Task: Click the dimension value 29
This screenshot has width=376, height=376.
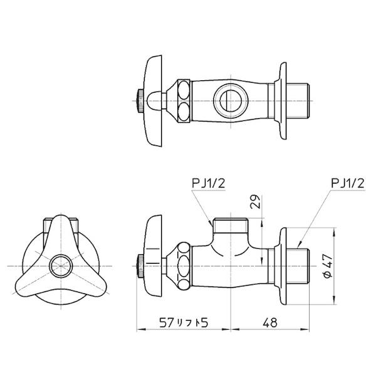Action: pos(256,202)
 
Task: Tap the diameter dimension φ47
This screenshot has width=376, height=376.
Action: pos(328,266)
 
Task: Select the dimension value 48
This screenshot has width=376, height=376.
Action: pos(270,323)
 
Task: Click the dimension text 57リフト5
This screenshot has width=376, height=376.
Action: pos(184,323)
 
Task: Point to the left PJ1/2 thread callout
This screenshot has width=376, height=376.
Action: pos(209,184)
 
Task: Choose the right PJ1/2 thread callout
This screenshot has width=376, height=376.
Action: pos(348,184)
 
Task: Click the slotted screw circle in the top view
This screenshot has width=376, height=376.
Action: pos(230,101)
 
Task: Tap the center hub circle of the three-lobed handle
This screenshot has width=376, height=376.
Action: pos(61,266)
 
